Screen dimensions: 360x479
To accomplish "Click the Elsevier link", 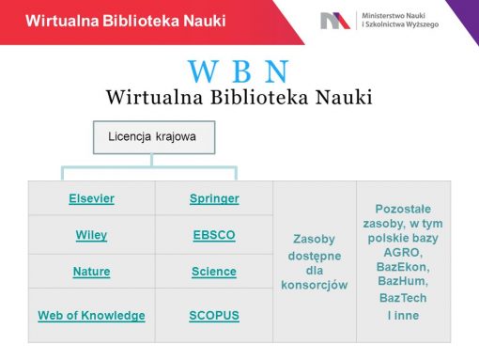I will [91, 198].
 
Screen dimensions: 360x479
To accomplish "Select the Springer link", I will [214, 198].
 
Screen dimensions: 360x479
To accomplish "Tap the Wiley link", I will [91, 235].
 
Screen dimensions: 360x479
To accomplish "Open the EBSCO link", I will [214, 235].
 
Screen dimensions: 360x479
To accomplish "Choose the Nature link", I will [91, 272].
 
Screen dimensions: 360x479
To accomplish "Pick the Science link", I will [214, 272].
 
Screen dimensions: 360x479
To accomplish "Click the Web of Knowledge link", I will [91, 315].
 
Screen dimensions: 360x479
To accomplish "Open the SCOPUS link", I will [214, 315].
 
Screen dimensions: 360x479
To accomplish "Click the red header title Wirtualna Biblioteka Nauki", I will [126, 20].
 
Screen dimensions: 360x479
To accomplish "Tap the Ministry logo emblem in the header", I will [334, 20].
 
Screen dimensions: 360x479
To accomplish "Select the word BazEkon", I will [407, 267].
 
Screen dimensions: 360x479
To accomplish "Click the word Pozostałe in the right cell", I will [408, 208].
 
